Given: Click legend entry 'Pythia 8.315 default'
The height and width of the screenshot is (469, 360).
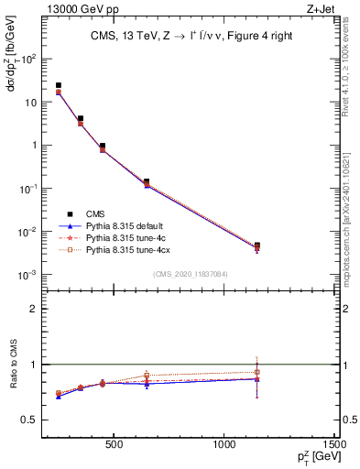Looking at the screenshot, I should (x=129, y=225).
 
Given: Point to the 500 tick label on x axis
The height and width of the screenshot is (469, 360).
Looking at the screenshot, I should (x=115, y=446).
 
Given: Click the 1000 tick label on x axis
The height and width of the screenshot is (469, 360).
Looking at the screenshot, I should (x=224, y=446).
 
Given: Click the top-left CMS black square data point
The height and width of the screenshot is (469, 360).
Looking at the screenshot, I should (x=59, y=85).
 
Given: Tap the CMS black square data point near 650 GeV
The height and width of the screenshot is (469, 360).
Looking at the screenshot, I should (x=147, y=181).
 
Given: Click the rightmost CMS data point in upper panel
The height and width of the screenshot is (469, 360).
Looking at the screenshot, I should (x=257, y=245).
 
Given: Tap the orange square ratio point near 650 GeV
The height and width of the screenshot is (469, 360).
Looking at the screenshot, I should (x=147, y=375).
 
